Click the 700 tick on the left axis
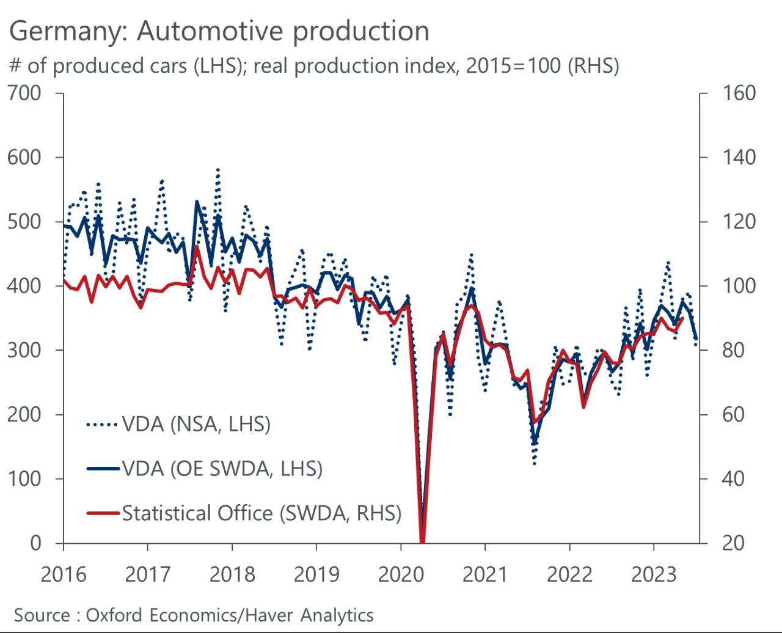pyautogui.click(x=24, y=93)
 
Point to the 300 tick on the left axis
pyautogui.click(x=24, y=350)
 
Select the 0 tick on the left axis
pyautogui.click(x=35, y=543)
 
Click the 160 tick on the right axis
pyautogui.click(x=739, y=93)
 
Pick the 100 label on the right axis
pyautogui.click(x=739, y=286)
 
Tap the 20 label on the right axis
pyautogui.click(x=733, y=543)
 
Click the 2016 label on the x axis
pyautogui.click(x=64, y=575)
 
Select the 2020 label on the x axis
pyautogui.click(x=401, y=575)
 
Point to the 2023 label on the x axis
pyautogui.click(x=654, y=575)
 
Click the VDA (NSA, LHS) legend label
pyautogui.click(x=196, y=424)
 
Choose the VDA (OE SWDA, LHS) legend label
pyautogui.click(x=222, y=469)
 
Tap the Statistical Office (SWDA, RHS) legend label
pyautogui.click(x=261, y=513)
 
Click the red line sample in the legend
pyautogui.click(x=102, y=513)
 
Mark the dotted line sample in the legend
pyautogui.click(x=102, y=424)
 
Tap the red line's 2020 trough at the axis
pyautogui.click(x=422, y=540)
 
